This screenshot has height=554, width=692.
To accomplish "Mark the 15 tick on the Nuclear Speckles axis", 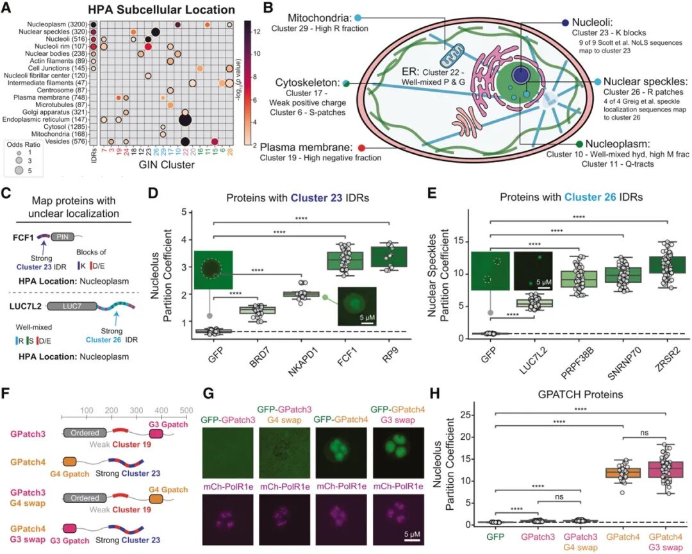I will point(459,241).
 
